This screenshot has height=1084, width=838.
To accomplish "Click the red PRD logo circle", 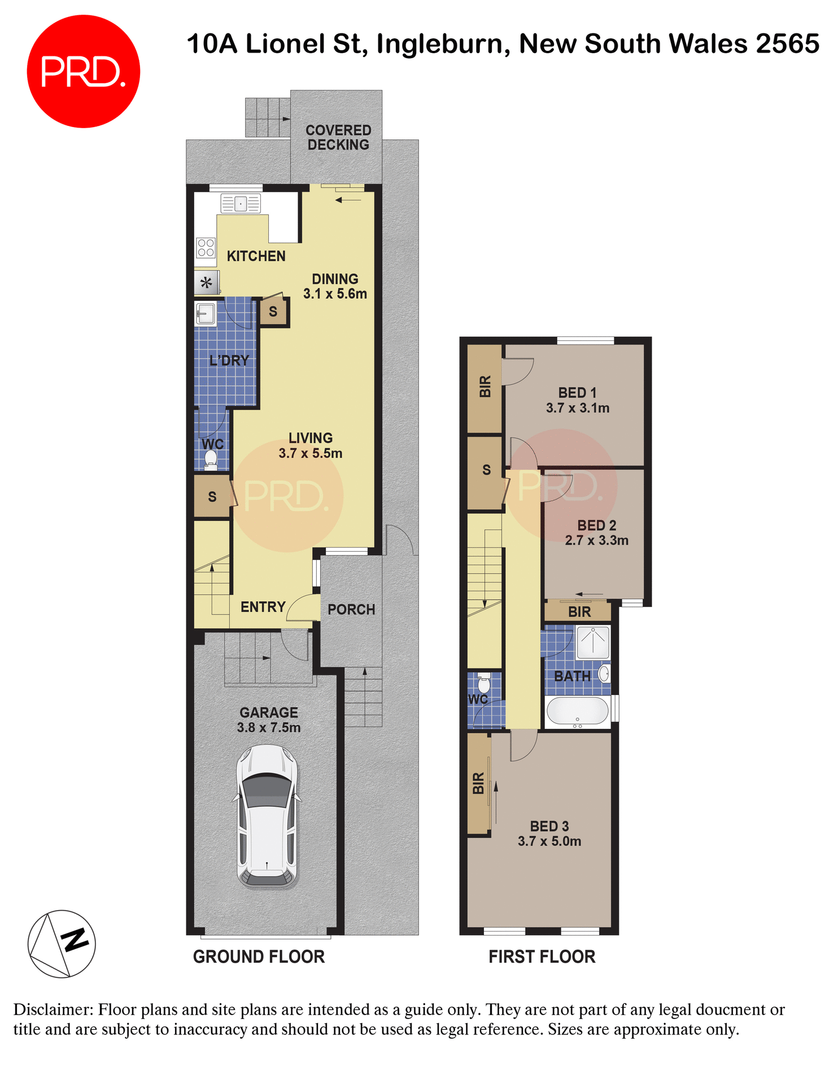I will (x=83, y=72).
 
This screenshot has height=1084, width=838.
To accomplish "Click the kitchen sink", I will (x=241, y=203).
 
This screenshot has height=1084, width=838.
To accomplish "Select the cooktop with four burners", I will (x=206, y=248).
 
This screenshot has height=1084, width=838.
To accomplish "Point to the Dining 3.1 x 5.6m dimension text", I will (x=335, y=294).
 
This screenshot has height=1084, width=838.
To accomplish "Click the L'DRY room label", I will (x=229, y=360).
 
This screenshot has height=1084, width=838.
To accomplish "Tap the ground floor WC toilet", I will (x=211, y=460).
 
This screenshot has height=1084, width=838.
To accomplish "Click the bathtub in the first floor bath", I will (x=577, y=711).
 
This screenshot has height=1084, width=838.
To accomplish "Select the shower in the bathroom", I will (x=592, y=642).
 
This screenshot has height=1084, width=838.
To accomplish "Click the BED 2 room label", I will (x=596, y=526).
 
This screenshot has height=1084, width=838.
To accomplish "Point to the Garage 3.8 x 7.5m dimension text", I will (x=269, y=728).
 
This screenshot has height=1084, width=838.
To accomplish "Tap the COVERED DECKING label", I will (x=338, y=138).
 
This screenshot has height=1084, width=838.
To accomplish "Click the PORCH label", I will (x=351, y=610).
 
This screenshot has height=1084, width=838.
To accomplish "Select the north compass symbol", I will (x=62, y=943).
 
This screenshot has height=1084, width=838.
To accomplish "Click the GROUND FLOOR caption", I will (x=259, y=956).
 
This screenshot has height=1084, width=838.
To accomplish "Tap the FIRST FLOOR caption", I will (x=542, y=956).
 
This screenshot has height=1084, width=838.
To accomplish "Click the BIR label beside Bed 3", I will (x=478, y=783).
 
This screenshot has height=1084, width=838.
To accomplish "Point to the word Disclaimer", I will (x=53, y=1009).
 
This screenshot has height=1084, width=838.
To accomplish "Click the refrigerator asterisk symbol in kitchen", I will (x=206, y=283).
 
